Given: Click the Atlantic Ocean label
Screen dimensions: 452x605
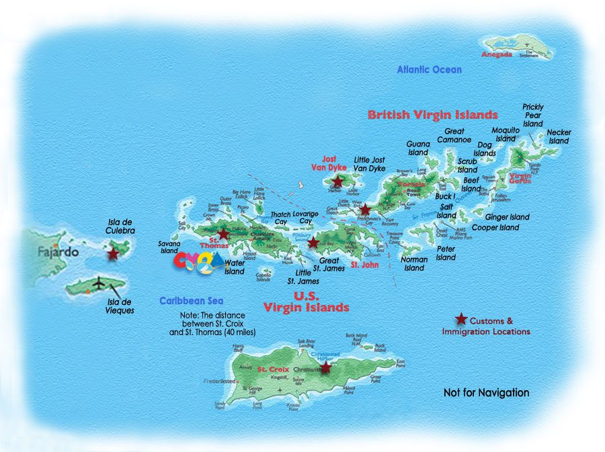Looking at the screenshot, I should (x=429, y=70).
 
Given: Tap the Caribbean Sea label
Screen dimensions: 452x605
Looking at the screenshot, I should (x=191, y=302).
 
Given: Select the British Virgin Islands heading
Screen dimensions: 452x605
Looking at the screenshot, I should (x=432, y=115).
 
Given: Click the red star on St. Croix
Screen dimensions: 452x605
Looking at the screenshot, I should (x=325, y=367).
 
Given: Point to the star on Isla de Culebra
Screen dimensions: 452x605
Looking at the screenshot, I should (x=113, y=254).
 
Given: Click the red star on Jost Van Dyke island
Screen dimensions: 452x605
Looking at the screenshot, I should (x=337, y=181).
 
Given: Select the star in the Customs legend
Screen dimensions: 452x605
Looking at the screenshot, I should (x=461, y=319).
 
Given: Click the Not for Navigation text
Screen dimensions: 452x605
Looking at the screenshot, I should (x=486, y=393).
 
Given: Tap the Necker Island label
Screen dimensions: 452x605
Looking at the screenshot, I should (x=558, y=137).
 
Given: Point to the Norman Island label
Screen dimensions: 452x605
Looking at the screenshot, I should (x=413, y=263).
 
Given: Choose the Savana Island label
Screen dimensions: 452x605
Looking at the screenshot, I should (x=169, y=247).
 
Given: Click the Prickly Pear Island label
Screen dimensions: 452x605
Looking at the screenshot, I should (x=532, y=116).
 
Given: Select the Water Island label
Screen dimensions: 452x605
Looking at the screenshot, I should (x=235, y=267).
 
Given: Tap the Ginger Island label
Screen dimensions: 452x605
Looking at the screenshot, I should (x=507, y=217).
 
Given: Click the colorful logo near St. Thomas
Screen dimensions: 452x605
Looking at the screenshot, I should (x=200, y=263).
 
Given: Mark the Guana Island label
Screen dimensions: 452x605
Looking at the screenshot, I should (x=417, y=148).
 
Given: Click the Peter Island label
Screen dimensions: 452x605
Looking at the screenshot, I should (x=446, y=253).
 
